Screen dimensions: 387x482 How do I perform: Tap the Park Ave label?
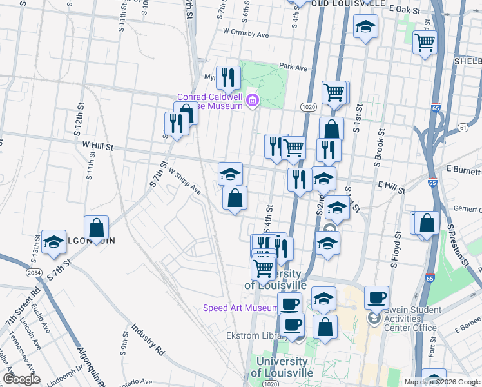[x=294, y=66]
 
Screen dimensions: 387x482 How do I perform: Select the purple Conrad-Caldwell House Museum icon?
[x=253, y=100]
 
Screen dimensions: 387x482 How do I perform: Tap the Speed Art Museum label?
[x=240, y=308]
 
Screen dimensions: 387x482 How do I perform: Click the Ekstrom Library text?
[x=252, y=335]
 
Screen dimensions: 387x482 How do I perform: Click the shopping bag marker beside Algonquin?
[x=96, y=228]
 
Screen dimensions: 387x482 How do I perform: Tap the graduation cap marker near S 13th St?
[x=53, y=243]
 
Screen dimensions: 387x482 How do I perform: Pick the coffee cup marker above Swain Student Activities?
[x=376, y=297]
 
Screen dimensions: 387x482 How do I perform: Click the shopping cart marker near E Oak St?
[x=425, y=42]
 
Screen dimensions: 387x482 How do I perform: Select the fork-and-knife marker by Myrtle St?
[x=228, y=78]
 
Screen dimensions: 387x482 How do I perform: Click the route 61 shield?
[x=463, y=128]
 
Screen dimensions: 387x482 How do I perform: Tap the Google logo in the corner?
[x=21, y=379]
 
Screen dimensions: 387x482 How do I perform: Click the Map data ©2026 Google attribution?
[x=442, y=382]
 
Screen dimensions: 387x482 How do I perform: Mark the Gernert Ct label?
[x=466, y=210]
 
